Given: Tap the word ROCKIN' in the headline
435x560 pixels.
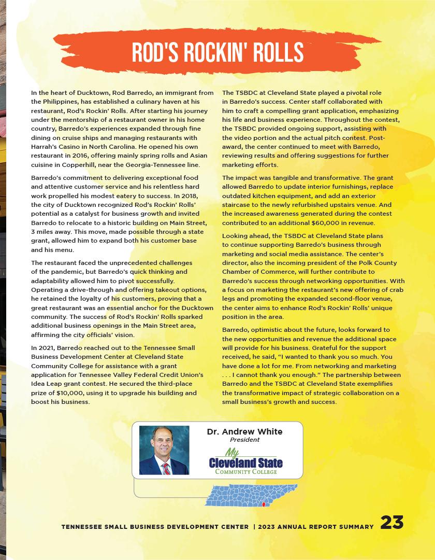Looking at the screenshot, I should (213, 52).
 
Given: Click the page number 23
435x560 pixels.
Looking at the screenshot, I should (392, 523).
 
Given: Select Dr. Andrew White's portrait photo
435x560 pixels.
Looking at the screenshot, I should (164, 450).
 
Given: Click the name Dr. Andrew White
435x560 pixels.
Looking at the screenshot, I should (244, 431).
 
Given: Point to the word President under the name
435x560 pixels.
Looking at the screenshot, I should (244, 440).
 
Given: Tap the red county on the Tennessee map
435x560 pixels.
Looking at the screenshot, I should (264, 504).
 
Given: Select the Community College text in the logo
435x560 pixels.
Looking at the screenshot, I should (245, 471).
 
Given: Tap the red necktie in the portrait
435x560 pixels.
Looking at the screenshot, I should (166, 468).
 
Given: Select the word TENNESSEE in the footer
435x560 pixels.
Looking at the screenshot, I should (81, 527).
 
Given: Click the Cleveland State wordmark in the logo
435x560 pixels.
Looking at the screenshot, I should (245, 462).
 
